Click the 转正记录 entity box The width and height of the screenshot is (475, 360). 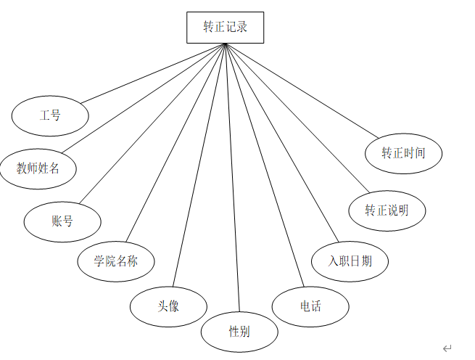tap(225, 28)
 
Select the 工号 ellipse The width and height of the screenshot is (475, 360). tap(50, 115)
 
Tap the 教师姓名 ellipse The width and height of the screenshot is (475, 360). tap(38, 168)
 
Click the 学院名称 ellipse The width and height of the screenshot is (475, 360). tap(116, 261)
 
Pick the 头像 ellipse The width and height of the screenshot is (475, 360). tap(168, 306)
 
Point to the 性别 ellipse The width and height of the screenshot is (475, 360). tap(239, 332)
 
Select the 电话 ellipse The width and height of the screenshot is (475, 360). tap(310, 306)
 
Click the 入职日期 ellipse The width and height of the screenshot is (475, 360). tap(350, 261)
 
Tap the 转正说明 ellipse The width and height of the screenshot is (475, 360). tap(387, 210)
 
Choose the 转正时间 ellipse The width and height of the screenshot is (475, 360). tap(403, 153)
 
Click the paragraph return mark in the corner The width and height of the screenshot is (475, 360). tap(447, 348)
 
